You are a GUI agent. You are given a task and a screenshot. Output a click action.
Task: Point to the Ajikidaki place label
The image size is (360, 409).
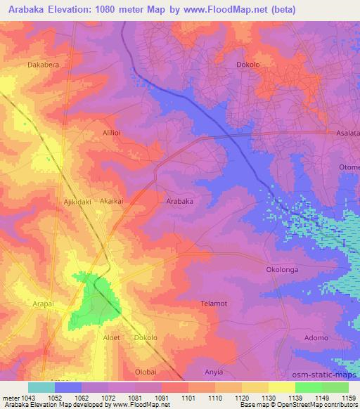[x=79, y=201]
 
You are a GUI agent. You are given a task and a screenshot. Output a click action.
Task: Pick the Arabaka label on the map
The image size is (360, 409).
[x=179, y=201]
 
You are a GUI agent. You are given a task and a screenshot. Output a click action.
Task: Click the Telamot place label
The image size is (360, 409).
[x=214, y=303]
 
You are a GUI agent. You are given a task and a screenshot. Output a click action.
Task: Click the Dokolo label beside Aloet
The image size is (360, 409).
[x=146, y=337]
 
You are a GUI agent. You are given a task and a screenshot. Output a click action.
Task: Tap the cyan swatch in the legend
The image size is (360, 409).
[x=41, y=387]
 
